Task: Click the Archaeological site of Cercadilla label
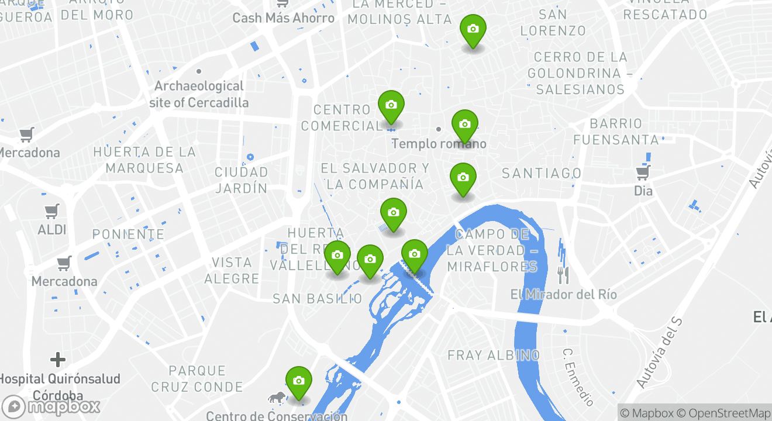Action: [199, 94]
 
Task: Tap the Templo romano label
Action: [439, 143]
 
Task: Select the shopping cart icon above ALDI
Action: [52, 211]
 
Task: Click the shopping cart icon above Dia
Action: [643, 172]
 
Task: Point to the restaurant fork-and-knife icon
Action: [563, 275]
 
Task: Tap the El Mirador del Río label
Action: [563, 294]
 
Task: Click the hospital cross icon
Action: [57, 359]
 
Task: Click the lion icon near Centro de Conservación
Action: [276, 398]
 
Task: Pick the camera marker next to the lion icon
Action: [298, 382]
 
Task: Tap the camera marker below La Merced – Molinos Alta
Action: [473, 30]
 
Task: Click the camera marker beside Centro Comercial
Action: [391, 106]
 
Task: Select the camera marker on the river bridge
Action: [414, 255]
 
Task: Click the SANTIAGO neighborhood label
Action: [542, 173]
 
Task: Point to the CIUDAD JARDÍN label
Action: [241, 180]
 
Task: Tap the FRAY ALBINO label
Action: [493, 355]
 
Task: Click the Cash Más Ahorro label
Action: [284, 18]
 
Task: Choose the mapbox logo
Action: [51, 406]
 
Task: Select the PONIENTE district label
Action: [129, 234]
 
